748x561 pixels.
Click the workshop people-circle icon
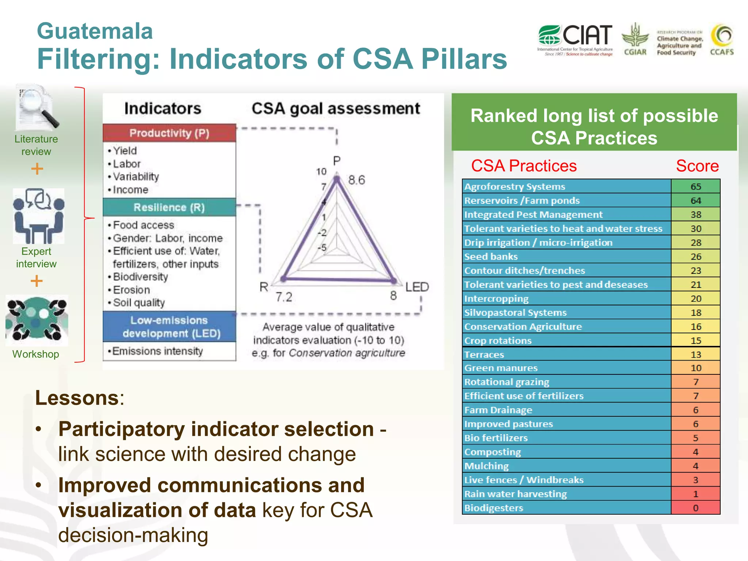37,320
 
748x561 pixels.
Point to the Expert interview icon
38,216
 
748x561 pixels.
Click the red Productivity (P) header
169,133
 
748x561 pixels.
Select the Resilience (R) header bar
169,207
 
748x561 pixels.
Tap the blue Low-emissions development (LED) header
169,327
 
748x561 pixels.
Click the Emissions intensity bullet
157,351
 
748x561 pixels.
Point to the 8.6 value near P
356,180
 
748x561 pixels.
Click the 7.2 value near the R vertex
284,297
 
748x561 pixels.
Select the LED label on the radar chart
417,287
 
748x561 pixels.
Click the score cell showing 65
695,187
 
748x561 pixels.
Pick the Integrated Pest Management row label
533,215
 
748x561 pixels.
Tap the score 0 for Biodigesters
695,508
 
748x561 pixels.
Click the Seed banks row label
491,257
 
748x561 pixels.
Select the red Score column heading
697,166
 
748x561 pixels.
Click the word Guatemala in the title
95,31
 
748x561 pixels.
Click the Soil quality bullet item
139,303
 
